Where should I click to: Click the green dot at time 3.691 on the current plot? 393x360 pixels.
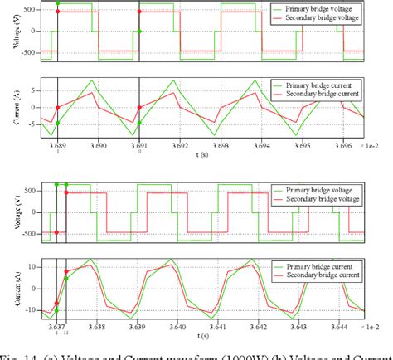coord(139,123)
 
